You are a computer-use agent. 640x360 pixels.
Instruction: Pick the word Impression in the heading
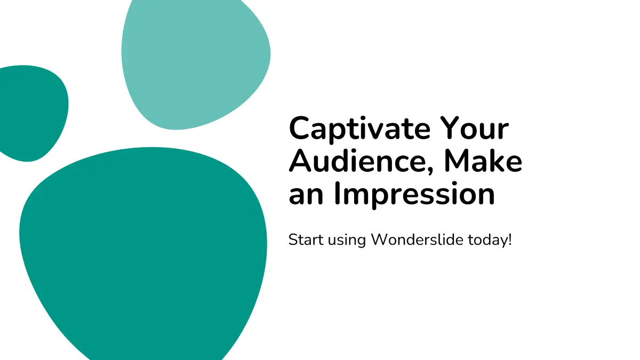[x=414, y=195]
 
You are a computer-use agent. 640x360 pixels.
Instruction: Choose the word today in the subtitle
[x=486, y=241]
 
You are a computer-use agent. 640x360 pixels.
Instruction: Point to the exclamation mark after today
[x=509, y=239]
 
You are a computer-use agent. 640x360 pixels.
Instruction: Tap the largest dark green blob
[x=143, y=251]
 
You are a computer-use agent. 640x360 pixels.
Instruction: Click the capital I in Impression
[x=338, y=193]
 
